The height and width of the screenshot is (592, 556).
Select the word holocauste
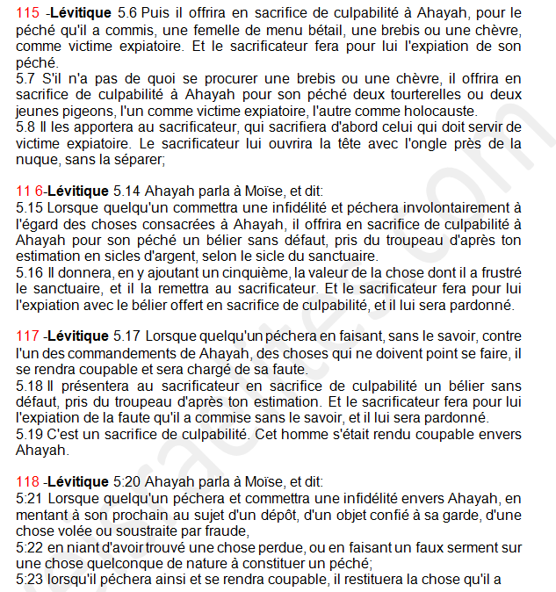click(x=434, y=111)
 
